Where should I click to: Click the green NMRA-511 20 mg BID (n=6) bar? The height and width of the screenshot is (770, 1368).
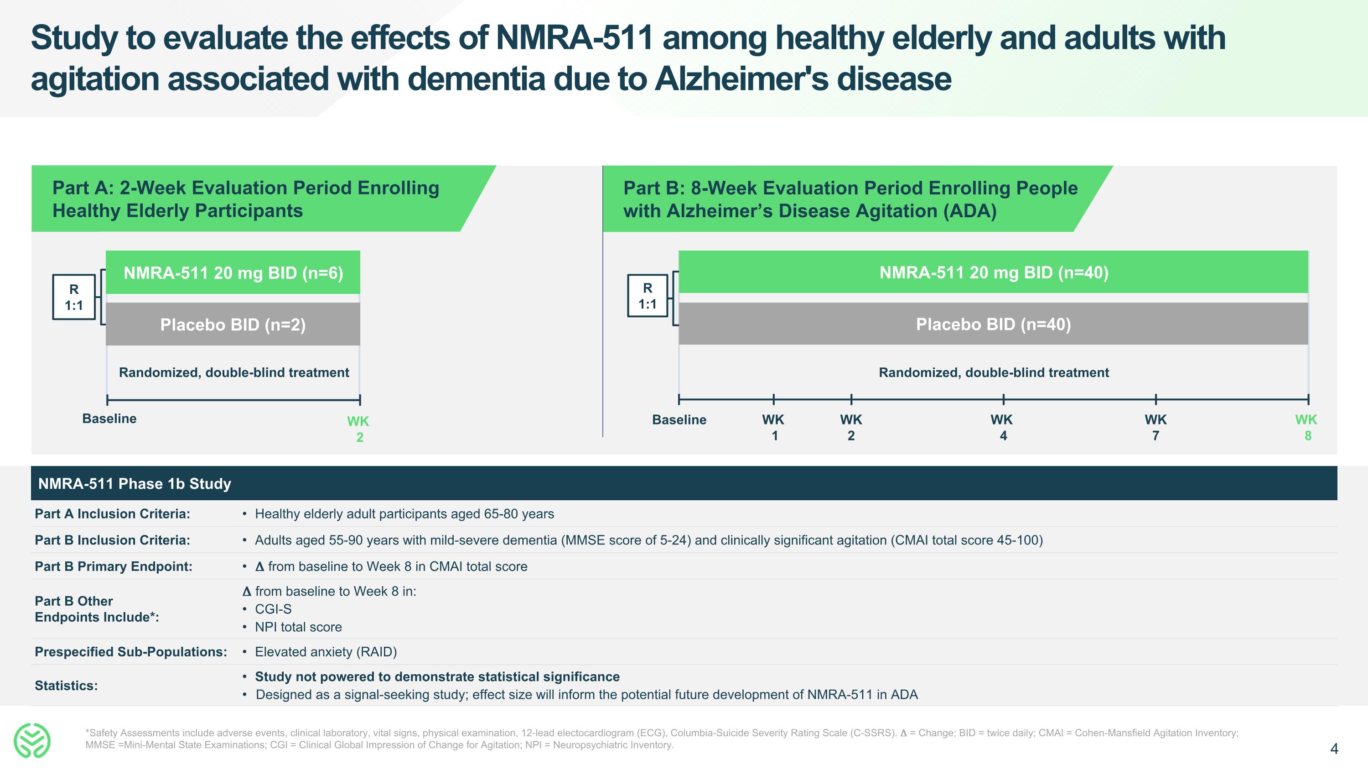[x=233, y=272]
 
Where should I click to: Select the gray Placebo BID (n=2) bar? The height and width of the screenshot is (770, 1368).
[x=233, y=325]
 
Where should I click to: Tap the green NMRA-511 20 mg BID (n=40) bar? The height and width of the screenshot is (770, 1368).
[x=994, y=272]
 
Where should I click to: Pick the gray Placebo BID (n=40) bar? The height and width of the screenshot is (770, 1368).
[x=994, y=324]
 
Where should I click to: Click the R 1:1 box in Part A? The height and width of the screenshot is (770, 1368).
[x=74, y=297]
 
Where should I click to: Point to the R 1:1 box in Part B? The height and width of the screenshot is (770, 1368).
[x=648, y=296]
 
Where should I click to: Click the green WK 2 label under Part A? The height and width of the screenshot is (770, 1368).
[x=358, y=429]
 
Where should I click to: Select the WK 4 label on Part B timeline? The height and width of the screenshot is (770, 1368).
[x=1002, y=427]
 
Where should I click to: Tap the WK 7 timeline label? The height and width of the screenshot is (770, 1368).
[x=1156, y=427]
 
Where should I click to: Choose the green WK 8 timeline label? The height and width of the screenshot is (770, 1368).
[x=1306, y=427]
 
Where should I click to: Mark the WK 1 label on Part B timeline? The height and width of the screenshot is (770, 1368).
[x=774, y=427]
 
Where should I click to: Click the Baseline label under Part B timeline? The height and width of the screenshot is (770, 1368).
[x=679, y=420]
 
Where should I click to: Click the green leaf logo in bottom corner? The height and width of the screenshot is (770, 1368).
[x=32, y=740]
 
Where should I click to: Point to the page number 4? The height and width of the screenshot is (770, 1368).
[x=1334, y=749]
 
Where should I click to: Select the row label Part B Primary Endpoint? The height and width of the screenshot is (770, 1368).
[x=114, y=566]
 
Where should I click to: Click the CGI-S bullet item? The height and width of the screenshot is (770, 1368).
[x=273, y=609]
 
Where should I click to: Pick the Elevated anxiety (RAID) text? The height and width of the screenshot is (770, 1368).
[x=326, y=652]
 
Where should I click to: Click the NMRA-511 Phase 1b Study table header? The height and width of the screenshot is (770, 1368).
[x=135, y=483]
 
